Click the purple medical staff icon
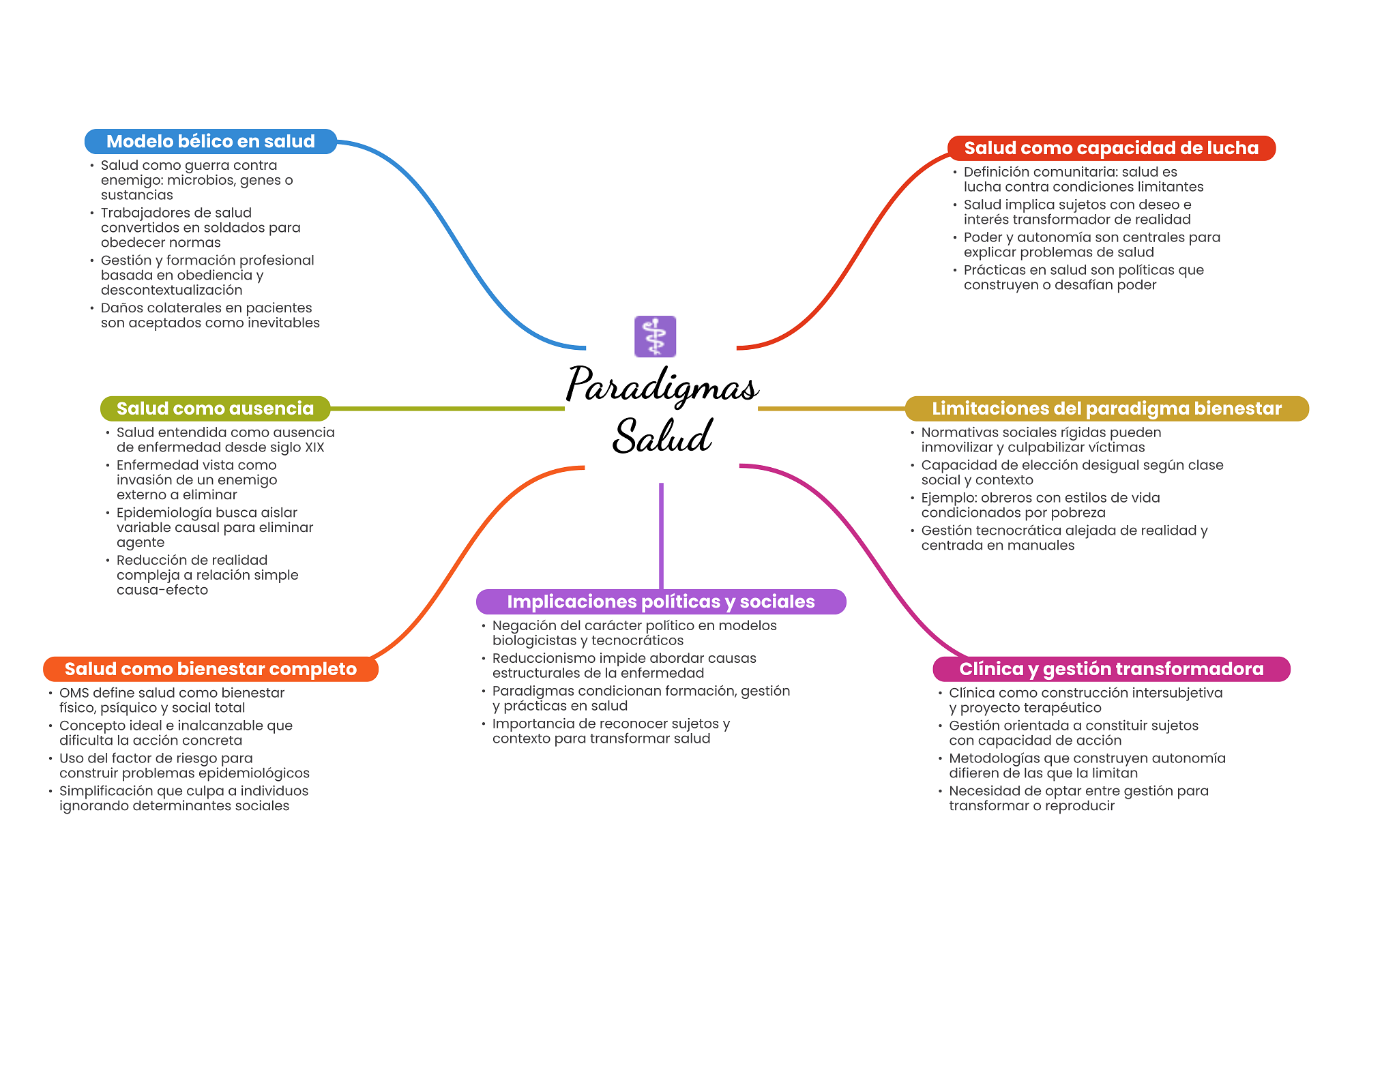pos(655,336)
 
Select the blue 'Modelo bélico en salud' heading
pos(211,141)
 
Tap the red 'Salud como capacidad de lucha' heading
pos(1111,148)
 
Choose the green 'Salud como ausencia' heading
pos(215,408)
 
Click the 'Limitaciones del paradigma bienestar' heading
pos(1106,408)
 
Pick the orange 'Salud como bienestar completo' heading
pos(211,669)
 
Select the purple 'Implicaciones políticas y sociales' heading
pos(661,601)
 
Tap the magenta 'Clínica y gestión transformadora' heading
pos(1111,669)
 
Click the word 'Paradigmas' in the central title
pos(662,386)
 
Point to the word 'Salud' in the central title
pos(662,436)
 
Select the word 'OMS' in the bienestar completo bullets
pos(74,693)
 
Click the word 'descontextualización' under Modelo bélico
pos(171,291)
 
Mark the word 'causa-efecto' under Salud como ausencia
pos(162,590)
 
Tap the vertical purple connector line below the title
pos(661,536)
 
